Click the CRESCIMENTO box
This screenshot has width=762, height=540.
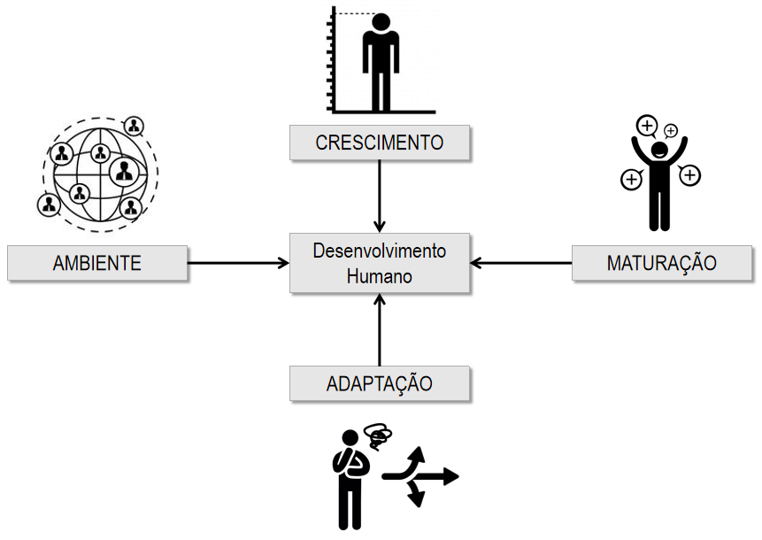(x=379, y=143)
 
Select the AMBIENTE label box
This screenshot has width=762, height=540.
(x=97, y=263)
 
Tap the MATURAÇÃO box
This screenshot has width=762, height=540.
(x=661, y=263)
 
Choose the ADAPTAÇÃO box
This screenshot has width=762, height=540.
(x=379, y=383)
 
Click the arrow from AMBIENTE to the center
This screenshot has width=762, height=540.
(x=239, y=263)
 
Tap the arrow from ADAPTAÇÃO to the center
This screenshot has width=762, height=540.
(x=379, y=331)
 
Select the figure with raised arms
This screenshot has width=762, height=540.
(x=659, y=177)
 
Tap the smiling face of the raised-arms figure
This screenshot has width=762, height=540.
(x=659, y=150)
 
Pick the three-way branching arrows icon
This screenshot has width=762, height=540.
(x=420, y=476)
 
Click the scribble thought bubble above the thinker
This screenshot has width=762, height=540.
(x=378, y=436)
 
